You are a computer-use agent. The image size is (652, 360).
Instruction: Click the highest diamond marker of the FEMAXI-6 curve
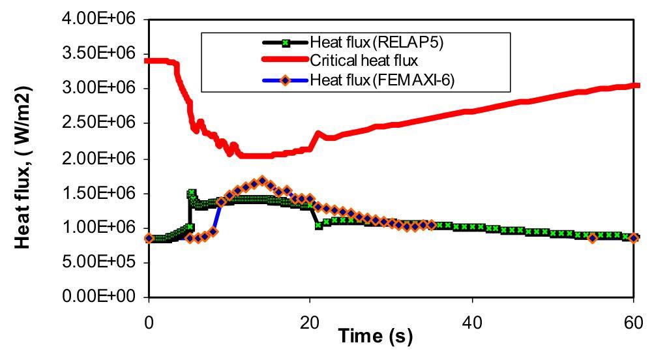262,180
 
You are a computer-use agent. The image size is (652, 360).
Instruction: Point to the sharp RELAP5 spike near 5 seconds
192,193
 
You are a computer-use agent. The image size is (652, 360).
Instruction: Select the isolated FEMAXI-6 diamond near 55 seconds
592,238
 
